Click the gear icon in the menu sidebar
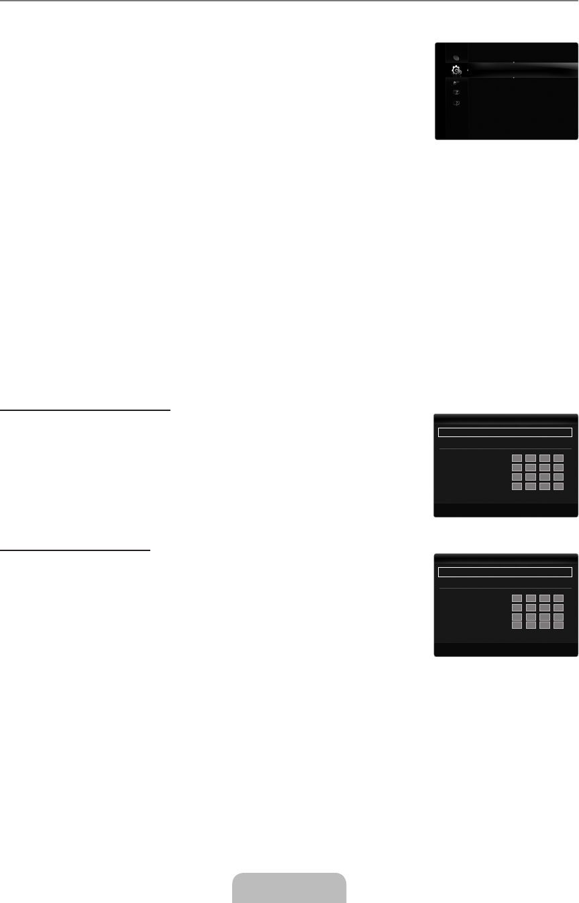[457, 70]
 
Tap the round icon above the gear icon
[456, 57]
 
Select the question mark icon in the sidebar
[456, 104]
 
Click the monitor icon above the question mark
[456, 93]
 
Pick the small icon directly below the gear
[456, 82]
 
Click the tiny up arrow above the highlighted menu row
[513, 62]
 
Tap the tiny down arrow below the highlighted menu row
[513, 78]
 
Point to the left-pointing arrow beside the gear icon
[468, 70]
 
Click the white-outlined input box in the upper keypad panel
[504, 432]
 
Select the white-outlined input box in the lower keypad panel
[504, 572]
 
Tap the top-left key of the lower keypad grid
[517, 597]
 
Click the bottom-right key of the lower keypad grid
[558, 625]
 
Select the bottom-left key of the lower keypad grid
[517, 625]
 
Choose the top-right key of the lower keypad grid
[558, 597]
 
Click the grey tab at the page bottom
[289, 888]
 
